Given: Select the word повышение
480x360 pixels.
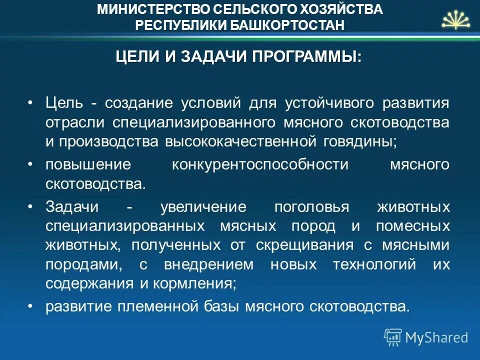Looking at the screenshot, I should point(88,164).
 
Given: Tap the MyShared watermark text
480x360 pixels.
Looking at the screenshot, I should point(436,337).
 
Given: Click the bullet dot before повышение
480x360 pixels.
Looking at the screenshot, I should point(30,164).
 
